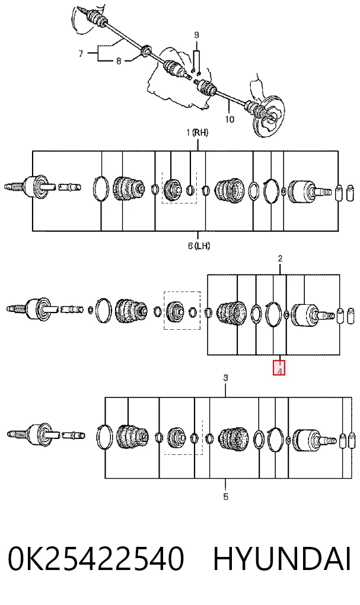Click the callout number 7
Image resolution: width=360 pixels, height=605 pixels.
tap(81, 53)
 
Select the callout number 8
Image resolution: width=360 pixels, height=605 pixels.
tap(119, 61)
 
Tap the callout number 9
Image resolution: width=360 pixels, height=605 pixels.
tap(196, 35)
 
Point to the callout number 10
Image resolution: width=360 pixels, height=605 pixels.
tap(230, 119)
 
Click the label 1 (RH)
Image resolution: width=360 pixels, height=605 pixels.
tap(197, 133)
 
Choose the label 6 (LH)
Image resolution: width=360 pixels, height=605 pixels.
tap(199, 246)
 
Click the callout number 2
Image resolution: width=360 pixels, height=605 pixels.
tap(280, 259)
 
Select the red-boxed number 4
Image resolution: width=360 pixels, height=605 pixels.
tap(279, 368)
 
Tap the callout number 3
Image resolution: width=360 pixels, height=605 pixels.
tap(226, 378)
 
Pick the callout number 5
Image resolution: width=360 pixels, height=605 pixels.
tap(226, 496)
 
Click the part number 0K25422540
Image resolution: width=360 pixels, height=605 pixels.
tap(95, 559)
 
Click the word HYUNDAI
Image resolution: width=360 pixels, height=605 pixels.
tap(282, 559)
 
